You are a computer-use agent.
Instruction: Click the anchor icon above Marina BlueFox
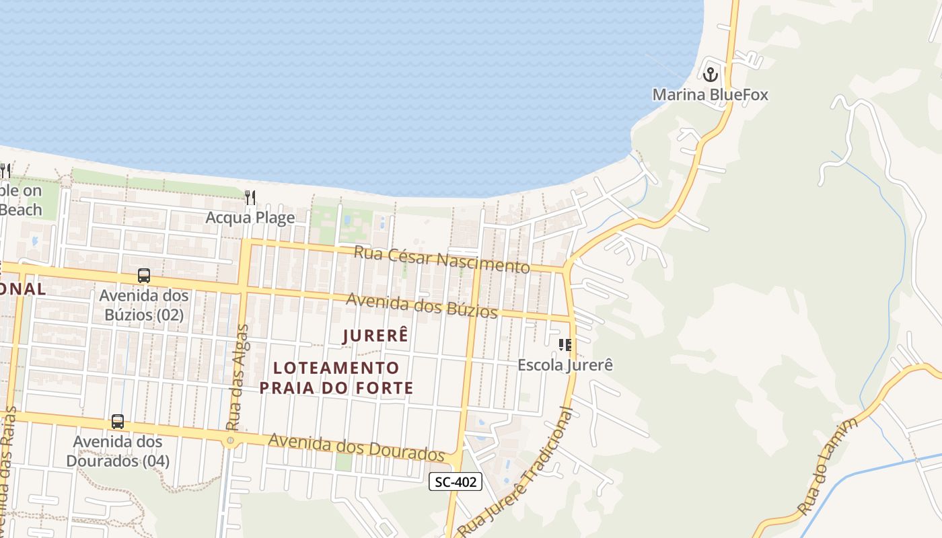tap(711, 74)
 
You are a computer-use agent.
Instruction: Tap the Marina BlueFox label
tap(710, 94)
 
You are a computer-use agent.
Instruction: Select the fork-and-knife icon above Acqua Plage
tap(250, 197)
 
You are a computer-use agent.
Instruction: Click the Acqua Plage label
tap(250, 217)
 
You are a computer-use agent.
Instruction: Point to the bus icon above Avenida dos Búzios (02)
tap(144, 276)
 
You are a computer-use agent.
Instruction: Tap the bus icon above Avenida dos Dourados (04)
tap(118, 422)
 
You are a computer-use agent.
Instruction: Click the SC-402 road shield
tap(456, 482)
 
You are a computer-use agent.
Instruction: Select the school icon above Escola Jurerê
tap(565, 345)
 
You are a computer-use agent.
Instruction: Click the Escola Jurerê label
tap(565, 365)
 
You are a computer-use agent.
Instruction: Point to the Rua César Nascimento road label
tap(441, 260)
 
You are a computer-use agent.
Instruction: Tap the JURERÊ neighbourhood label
tap(375, 336)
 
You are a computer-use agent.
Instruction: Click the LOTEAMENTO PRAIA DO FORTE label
tap(336, 378)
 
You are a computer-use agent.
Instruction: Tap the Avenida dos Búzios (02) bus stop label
tap(144, 305)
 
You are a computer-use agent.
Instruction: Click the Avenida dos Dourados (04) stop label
tap(118, 451)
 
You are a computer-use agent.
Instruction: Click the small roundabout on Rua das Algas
tap(231, 441)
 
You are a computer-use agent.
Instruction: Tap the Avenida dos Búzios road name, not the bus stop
tap(422, 306)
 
